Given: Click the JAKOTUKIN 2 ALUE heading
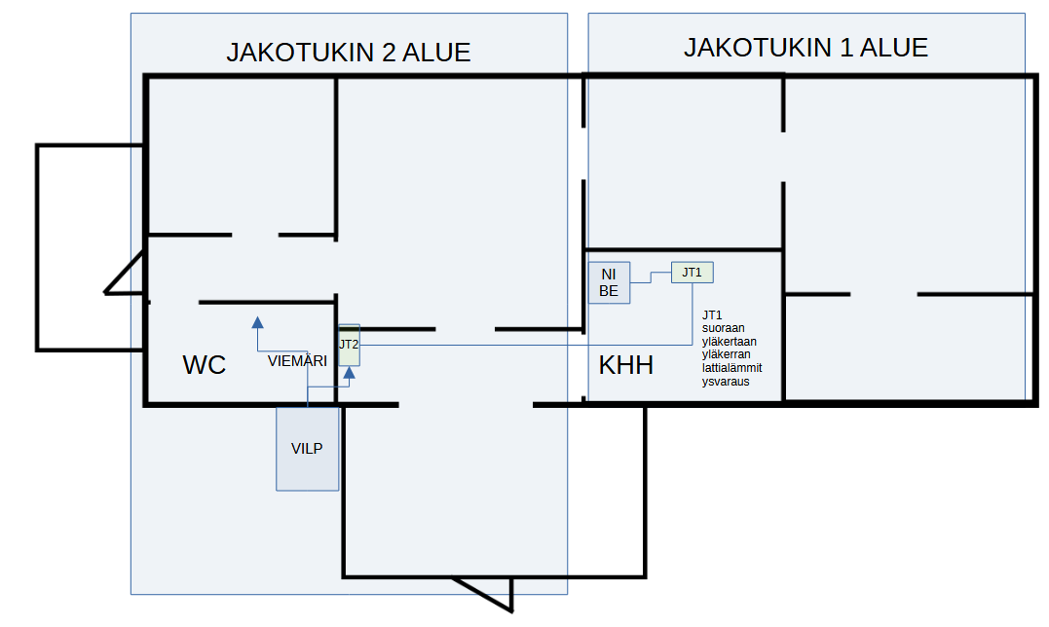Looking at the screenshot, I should tap(349, 53).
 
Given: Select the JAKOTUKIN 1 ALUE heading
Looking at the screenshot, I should tap(805, 47).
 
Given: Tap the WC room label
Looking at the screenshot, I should tap(205, 365).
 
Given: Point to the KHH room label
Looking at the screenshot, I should tap(625, 366).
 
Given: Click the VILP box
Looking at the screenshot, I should tap(308, 448).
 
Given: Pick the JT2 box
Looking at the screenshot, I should tap(349, 346).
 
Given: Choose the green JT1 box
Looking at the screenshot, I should tap(692, 273).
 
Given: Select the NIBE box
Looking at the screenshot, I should tap(609, 282).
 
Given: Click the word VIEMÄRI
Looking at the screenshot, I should tap(297, 361).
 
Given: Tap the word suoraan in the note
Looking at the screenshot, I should tap(723, 328).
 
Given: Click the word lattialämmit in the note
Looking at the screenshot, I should tap(732, 368).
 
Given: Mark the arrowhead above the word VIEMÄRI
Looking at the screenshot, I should tap(257, 322).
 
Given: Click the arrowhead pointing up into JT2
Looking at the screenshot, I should tap(350, 374).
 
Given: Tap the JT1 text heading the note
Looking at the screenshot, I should tap(712, 314).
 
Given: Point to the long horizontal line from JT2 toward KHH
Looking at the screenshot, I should tap(516, 345).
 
